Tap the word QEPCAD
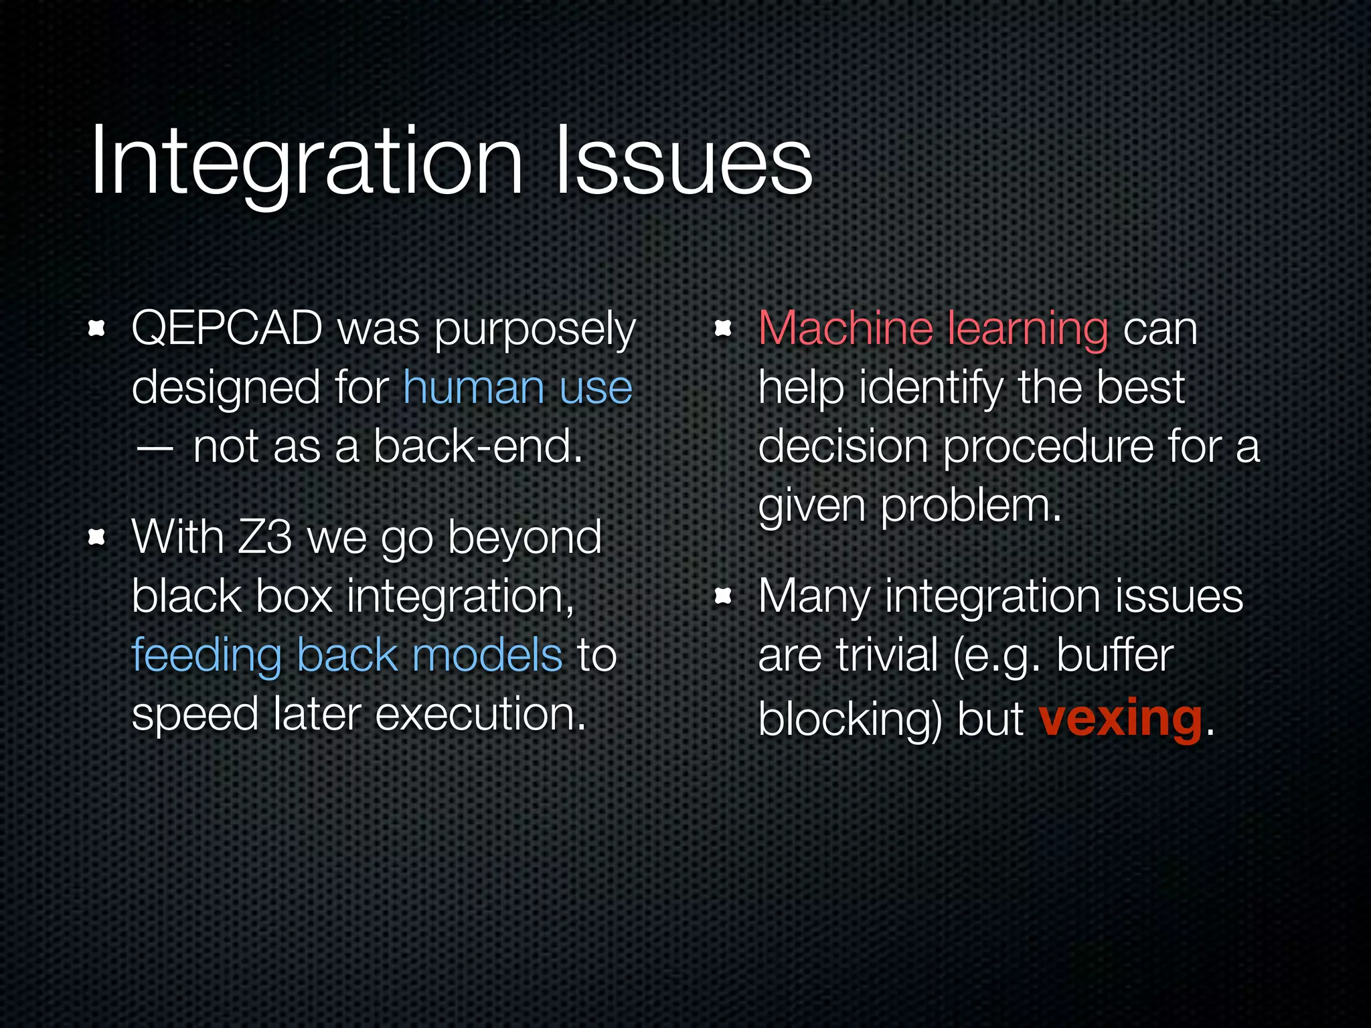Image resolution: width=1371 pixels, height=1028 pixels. pos(226,329)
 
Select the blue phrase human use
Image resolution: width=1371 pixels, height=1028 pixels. pos(517,388)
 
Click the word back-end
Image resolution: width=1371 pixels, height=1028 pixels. pos(477,446)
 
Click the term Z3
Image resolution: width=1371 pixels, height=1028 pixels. pos(264,537)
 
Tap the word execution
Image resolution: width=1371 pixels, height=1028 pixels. pos(480,713)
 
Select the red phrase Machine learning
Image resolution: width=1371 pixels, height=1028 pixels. pos(933,329)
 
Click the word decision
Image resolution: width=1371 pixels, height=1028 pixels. pos(842,446)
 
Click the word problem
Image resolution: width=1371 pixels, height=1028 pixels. pos(970,505)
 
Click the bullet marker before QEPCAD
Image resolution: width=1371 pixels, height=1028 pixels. pos(97,328)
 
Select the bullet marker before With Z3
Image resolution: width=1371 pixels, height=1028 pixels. pos(97,537)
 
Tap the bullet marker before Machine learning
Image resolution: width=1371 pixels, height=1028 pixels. pos(723,328)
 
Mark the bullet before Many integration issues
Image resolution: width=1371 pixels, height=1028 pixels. pos(723,596)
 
